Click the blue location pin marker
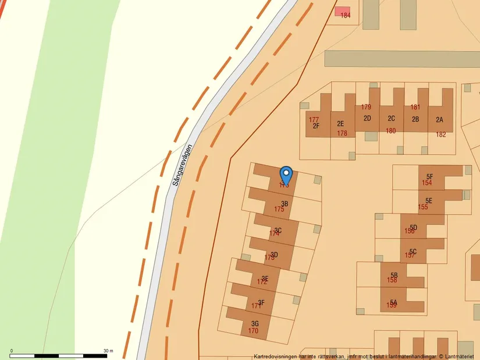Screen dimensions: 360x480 pyautogui.click(x=286, y=174)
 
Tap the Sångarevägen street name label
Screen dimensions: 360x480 pyautogui.click(x=183, y=165)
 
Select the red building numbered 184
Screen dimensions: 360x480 pyautogui.click(x=343, y=13)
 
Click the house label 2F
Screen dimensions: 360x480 pyautogui.click(x=316, y=126)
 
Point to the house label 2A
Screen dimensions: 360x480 pyautogui.click(x=439, y=119)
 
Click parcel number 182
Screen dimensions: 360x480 pyautogui.click(x=441, y=134)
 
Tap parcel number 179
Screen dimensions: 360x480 pyautogui.click(x=366, y=107)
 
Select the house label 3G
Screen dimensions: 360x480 pyautogui.click(x=255, y=323)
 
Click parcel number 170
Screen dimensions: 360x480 pyautogui.click(x=253, y=331)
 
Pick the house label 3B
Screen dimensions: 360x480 pyautogui.click(x=285, y=204)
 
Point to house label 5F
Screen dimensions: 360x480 pyautogui.click(x=429, y=176)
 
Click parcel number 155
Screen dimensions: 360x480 pyautogui.click(x=423, y=207)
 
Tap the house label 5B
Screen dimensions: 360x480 pyautogui.click(x=394, y=275)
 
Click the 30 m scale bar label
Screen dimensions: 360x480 pyautogui.click(x=108, y=351)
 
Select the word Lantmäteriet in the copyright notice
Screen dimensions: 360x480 pyautogui.click(x=461, y=357)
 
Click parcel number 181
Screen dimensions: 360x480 pyautogui.click(x=415, y=107)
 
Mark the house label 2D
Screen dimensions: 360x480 pyautogui.click(x=367, y=118)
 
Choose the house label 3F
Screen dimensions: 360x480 pyautogui.click(x=261, y=302)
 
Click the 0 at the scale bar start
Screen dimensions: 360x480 pyautogui.click(x=12, y=351)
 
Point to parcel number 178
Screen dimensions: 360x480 pyautogui.click(x=342, y=133)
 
